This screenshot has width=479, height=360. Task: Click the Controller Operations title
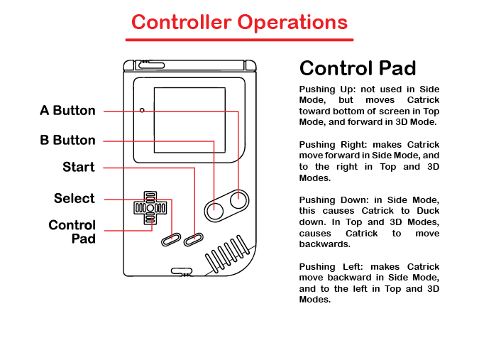coord(240,22)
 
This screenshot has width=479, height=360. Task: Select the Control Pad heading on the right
coord(358,68)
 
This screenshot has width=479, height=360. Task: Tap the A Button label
coord(68,111)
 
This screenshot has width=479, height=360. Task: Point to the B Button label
coord(68,141)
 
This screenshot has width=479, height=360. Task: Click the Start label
coord(79,167)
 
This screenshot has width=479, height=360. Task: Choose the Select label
coord(75,198)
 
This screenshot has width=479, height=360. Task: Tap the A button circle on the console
coord(238,200)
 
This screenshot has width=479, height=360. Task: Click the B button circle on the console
coord(215,211)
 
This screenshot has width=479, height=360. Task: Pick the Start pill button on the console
coord(193,240)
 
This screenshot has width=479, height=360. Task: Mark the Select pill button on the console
coord(171,240)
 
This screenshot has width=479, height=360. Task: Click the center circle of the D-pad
coord(150,208)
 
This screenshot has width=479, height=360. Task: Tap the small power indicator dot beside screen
coord(142,110)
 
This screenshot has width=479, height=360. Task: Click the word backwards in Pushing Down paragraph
coord(325,244)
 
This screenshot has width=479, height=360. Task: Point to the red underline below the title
coord(240,40)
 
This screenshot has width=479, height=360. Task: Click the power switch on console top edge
coord(152,65)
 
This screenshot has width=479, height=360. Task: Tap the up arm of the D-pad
coord(150,197)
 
